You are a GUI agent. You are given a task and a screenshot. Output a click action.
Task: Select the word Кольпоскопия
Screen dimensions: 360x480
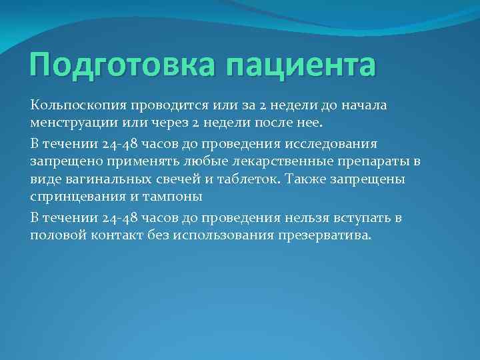click(73, 105)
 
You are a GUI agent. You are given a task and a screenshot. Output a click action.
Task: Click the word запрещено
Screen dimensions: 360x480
click(63, 162)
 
